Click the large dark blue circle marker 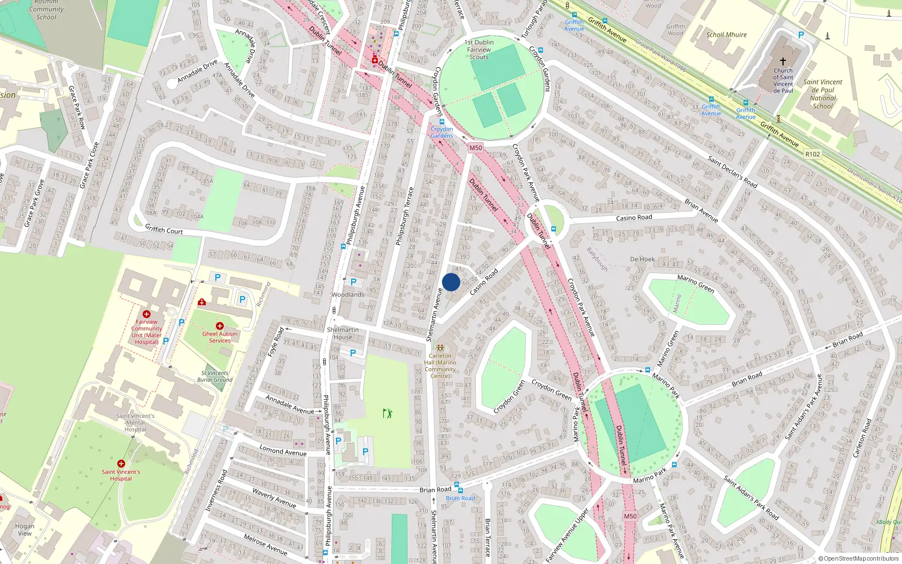pos(451,282)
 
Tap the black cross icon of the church pos(782,61)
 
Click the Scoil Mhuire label pos(726,34)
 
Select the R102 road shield pos(812,154)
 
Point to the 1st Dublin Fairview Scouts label pos(479,50)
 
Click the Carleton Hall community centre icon pos(440,348)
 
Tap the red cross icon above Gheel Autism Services pos(220,326)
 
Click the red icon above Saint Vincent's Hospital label pos(121,464)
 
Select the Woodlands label pos(348,294)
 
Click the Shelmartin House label pos(343,333)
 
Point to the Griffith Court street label pos(164,229)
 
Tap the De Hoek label pos(642,259)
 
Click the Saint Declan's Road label pos(733,172)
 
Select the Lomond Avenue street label pos(283,450)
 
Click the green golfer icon pos(387,413)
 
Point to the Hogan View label pos(25,530)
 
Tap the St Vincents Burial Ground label pos(215,376)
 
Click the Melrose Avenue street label pos(266,544)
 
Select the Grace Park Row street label pos(77,108)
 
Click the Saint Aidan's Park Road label pos(751,498)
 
